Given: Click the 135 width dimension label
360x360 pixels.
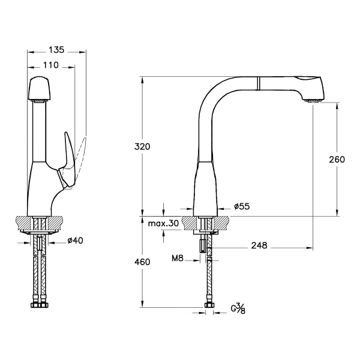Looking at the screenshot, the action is (x=56, y=50).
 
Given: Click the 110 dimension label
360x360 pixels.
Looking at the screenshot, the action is (x=51, y=65).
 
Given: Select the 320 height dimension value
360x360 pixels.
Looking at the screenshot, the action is (x=142, y=146).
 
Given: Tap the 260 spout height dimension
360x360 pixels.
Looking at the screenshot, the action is (x=337, y=160).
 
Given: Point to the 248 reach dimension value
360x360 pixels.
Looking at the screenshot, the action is (x=259, y=245).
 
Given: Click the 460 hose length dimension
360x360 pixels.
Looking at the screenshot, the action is (x=142, y=262).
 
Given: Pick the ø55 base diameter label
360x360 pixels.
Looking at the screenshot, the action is (x=242, y=206).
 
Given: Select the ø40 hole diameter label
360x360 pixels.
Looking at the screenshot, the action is (x=76, y=241).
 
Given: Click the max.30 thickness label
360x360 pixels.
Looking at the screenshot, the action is (x=163, y=223).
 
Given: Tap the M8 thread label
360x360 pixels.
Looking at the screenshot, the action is (x=178, y=258).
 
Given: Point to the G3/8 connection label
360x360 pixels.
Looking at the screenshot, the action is (x=238, y=308).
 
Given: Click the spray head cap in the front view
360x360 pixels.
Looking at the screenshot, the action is (x=39, y=88).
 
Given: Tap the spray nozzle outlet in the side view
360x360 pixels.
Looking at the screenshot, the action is (x=313, y=100).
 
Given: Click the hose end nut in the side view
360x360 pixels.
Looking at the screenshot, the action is (x=209, y=305).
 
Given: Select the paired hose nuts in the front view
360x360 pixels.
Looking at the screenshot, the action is (x=40, y=305).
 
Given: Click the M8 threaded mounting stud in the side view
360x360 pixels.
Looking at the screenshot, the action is (x=202, y=245).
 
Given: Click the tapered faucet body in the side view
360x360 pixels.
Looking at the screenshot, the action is (x=205, y=189).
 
